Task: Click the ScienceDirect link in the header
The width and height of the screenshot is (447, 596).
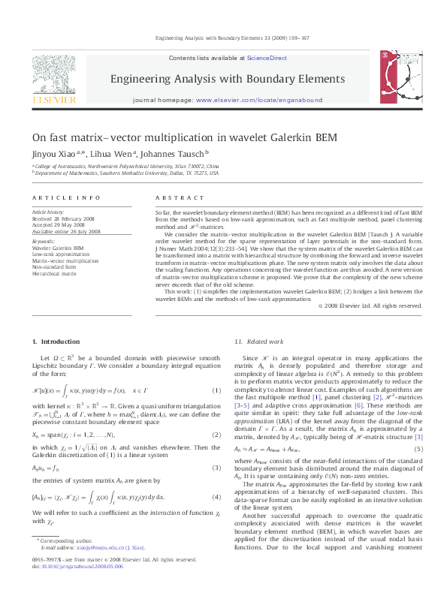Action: [x=267, y=57]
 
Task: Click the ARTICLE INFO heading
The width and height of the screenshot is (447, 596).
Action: [x=66, y=197]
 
